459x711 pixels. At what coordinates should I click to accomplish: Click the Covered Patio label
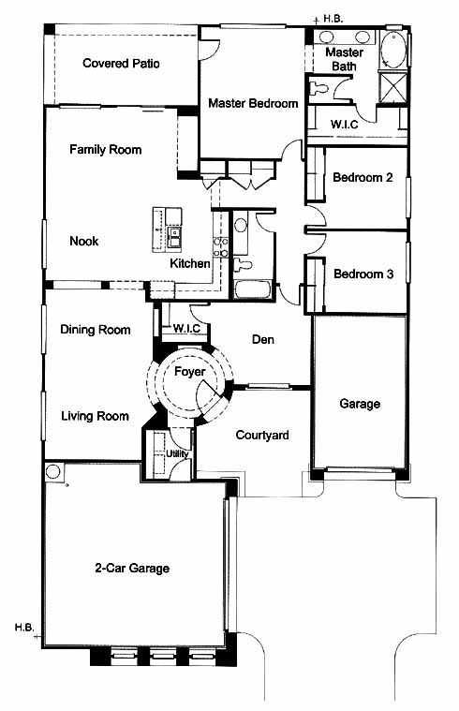point(121,63)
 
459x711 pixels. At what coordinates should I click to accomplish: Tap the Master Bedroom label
point(253,103)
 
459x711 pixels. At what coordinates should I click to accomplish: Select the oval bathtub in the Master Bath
point(392,50)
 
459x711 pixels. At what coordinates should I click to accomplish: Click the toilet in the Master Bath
point(318,87)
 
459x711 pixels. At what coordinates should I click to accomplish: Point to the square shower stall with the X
point(392,88)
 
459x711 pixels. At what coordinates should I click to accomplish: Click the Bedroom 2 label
point(363,177)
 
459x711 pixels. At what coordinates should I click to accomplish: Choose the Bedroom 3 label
point(363,274)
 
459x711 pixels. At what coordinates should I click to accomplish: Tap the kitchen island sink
point(174,237)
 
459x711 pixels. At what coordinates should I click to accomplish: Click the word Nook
point(84,241)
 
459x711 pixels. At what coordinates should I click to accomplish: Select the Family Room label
point(105,149)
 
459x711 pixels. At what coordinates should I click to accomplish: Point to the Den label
point(263,339)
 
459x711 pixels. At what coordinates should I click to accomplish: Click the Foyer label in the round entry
point(189,372)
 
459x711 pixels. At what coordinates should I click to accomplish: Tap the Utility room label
point(177,454)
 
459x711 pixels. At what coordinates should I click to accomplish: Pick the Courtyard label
point(262,436)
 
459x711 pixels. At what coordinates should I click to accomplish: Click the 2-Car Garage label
point(132,569)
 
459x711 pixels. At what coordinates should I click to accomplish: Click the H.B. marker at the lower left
point(24,628)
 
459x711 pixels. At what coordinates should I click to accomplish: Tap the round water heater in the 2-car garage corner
point(53,471)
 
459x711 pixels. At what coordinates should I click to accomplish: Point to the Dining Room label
point(96,330)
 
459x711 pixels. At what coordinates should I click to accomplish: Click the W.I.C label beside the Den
point(186,328)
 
